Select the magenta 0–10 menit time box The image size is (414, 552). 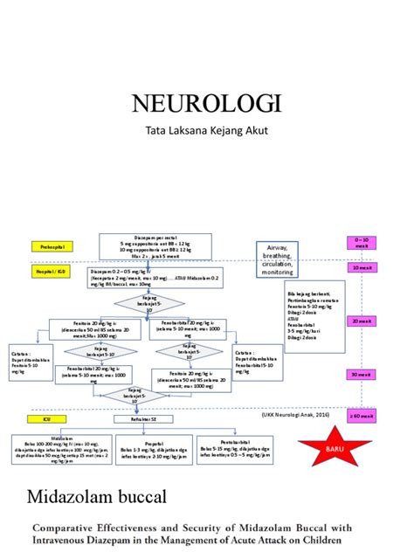click(362, 242)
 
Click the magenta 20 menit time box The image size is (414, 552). click(362, 321)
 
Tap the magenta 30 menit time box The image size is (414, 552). click(362, 374)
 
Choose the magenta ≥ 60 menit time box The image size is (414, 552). click(362, 417)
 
